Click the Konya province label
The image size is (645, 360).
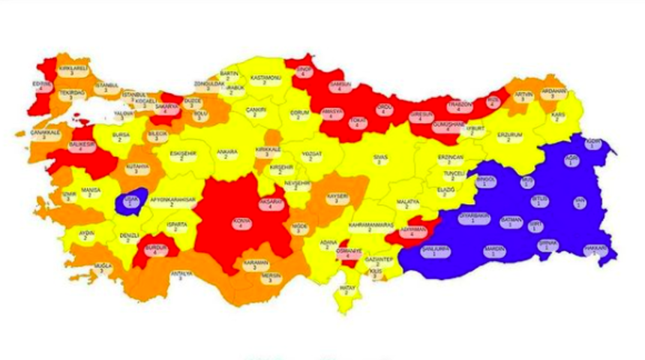point(241,223)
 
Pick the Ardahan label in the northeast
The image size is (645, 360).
point(553,94)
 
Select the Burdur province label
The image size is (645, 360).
point(157,247)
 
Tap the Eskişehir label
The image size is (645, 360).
point(182,155)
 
